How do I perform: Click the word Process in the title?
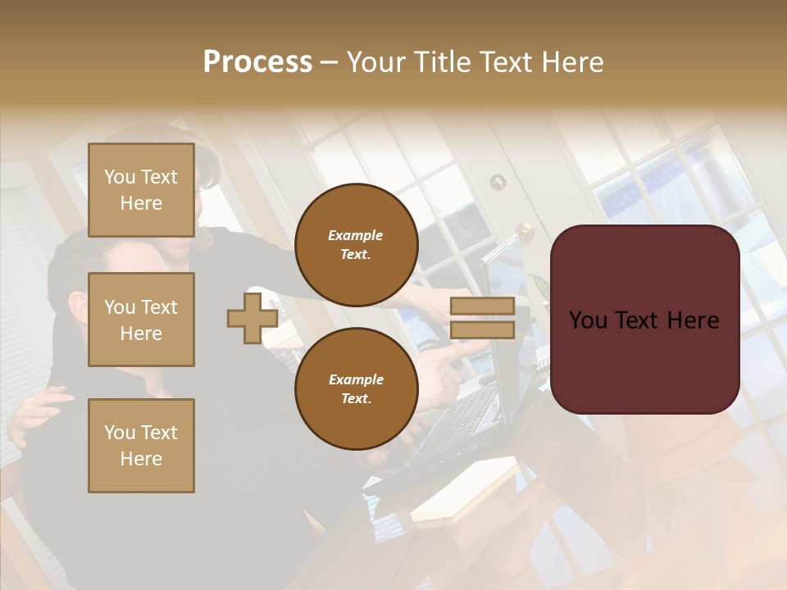click(x=257, y=62)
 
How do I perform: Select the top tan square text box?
click(x=141, y=190)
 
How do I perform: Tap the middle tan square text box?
click(x=141, y=320)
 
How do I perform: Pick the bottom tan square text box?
click(x=141, y=446)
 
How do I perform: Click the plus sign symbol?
click(x=252, y=319)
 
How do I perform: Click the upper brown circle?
click(x=356, y=244)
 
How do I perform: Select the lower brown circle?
click(x=356, y=388)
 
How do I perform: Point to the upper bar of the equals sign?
click(x=482, y=306)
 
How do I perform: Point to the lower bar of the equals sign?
click(x=482, y=330)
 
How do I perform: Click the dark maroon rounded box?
click(x=644, y=320)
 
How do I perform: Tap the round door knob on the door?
click(x=525, y=231)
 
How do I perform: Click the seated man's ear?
click(x=76, y=310)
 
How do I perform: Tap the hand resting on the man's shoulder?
click(x=37, y=410)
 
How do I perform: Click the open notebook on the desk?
click(x=463, y=492)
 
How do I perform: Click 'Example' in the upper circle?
click(x=356, y=235)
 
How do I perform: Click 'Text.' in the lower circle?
click(x=356, y=398)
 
